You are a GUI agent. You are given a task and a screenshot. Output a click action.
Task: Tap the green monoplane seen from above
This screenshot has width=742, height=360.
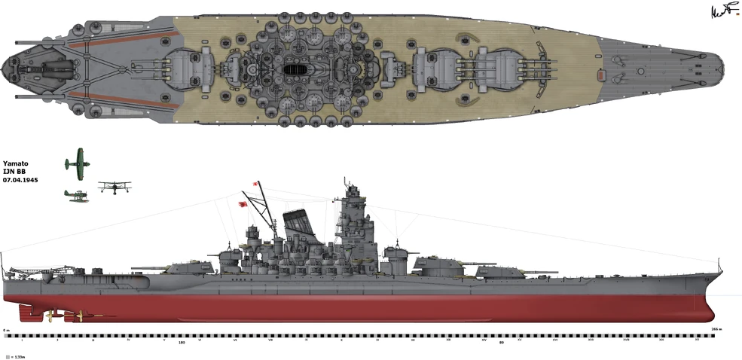coord(76,160)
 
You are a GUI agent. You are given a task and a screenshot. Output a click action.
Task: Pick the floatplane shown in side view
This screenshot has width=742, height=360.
coord(76,195)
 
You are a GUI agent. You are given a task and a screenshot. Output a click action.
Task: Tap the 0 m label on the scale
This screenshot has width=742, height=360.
coord(6,330)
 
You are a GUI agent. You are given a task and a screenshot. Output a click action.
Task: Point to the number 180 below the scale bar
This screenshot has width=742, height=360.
coord(181,343)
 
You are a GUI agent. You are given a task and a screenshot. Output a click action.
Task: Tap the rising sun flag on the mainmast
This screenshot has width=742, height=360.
coord(245,201)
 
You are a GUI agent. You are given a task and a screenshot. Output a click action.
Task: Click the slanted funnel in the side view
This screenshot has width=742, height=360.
coord(303,225)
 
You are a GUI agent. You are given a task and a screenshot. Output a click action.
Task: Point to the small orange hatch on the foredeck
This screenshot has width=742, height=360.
coord(600,75)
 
